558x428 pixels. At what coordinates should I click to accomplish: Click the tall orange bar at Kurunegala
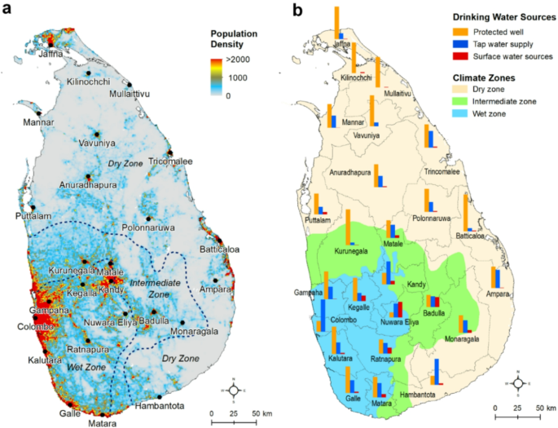[x=348, y=228]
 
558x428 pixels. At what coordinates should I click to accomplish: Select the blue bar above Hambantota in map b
[x=437, y=371]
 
